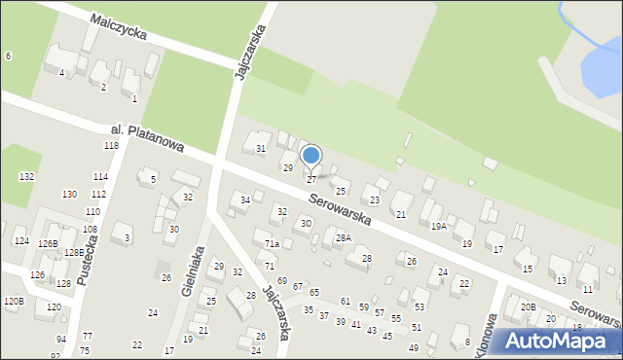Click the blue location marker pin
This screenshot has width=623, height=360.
(311, 156)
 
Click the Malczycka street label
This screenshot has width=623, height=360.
(119, 26)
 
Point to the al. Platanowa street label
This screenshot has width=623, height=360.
(146, 137)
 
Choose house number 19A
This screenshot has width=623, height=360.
(439, 226)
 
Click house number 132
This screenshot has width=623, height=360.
(26, 176)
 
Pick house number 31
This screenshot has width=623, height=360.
(261, 148)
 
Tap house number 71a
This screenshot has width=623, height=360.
(273, 244)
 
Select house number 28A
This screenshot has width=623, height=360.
(343, 237)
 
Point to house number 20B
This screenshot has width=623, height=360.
(528, 306)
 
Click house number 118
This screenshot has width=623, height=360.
(111, 145)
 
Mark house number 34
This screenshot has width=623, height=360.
(246, 200)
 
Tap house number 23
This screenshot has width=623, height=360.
(374, 199)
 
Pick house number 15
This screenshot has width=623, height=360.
(528, 268)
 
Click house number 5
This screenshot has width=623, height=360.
(153, 179)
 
